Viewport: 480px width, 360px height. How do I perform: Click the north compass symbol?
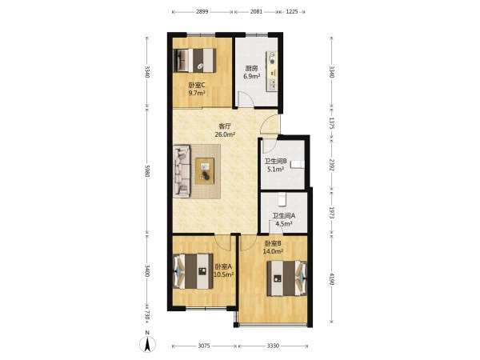147,342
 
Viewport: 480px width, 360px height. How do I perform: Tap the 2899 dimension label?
202,12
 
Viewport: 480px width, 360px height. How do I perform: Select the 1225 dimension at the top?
292,12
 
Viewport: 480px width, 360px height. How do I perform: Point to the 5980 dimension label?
147,170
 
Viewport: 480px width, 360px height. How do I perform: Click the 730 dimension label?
147,314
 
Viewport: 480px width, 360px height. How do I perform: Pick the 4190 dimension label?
331,278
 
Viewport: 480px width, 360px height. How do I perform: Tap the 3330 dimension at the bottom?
273,346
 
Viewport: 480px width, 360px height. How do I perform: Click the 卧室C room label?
197,85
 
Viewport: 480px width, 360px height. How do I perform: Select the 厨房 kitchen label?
251,69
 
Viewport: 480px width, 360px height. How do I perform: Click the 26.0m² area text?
225,134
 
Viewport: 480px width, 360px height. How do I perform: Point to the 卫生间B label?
275,161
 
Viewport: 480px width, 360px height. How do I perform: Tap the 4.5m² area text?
283,223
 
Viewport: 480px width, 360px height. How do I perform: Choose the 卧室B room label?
273,244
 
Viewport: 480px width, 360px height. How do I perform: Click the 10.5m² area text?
223,274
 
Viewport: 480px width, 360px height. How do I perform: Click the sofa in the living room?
182,171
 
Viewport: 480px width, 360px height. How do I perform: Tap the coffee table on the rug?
205,171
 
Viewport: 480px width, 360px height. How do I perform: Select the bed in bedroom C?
194,60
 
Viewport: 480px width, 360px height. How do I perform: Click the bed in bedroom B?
287,278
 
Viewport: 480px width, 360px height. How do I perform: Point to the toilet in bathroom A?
282,199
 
